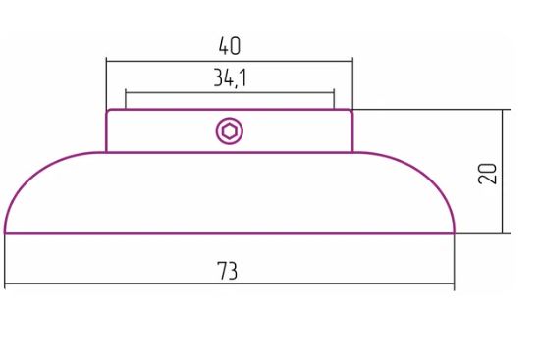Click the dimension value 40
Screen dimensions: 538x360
(230, 46)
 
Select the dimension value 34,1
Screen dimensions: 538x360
(230, 77)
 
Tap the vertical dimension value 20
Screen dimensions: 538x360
(487, 174)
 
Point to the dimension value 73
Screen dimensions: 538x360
(227, 271)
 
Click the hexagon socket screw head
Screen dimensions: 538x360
(230, 131)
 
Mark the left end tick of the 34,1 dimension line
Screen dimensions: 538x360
(126, 92)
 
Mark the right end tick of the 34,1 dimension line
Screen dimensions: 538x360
(334, 92)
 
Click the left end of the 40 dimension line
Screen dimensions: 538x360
(107, 62)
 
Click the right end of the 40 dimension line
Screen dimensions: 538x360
(352, 62)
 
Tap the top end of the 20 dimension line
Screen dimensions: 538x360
(503, 110)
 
